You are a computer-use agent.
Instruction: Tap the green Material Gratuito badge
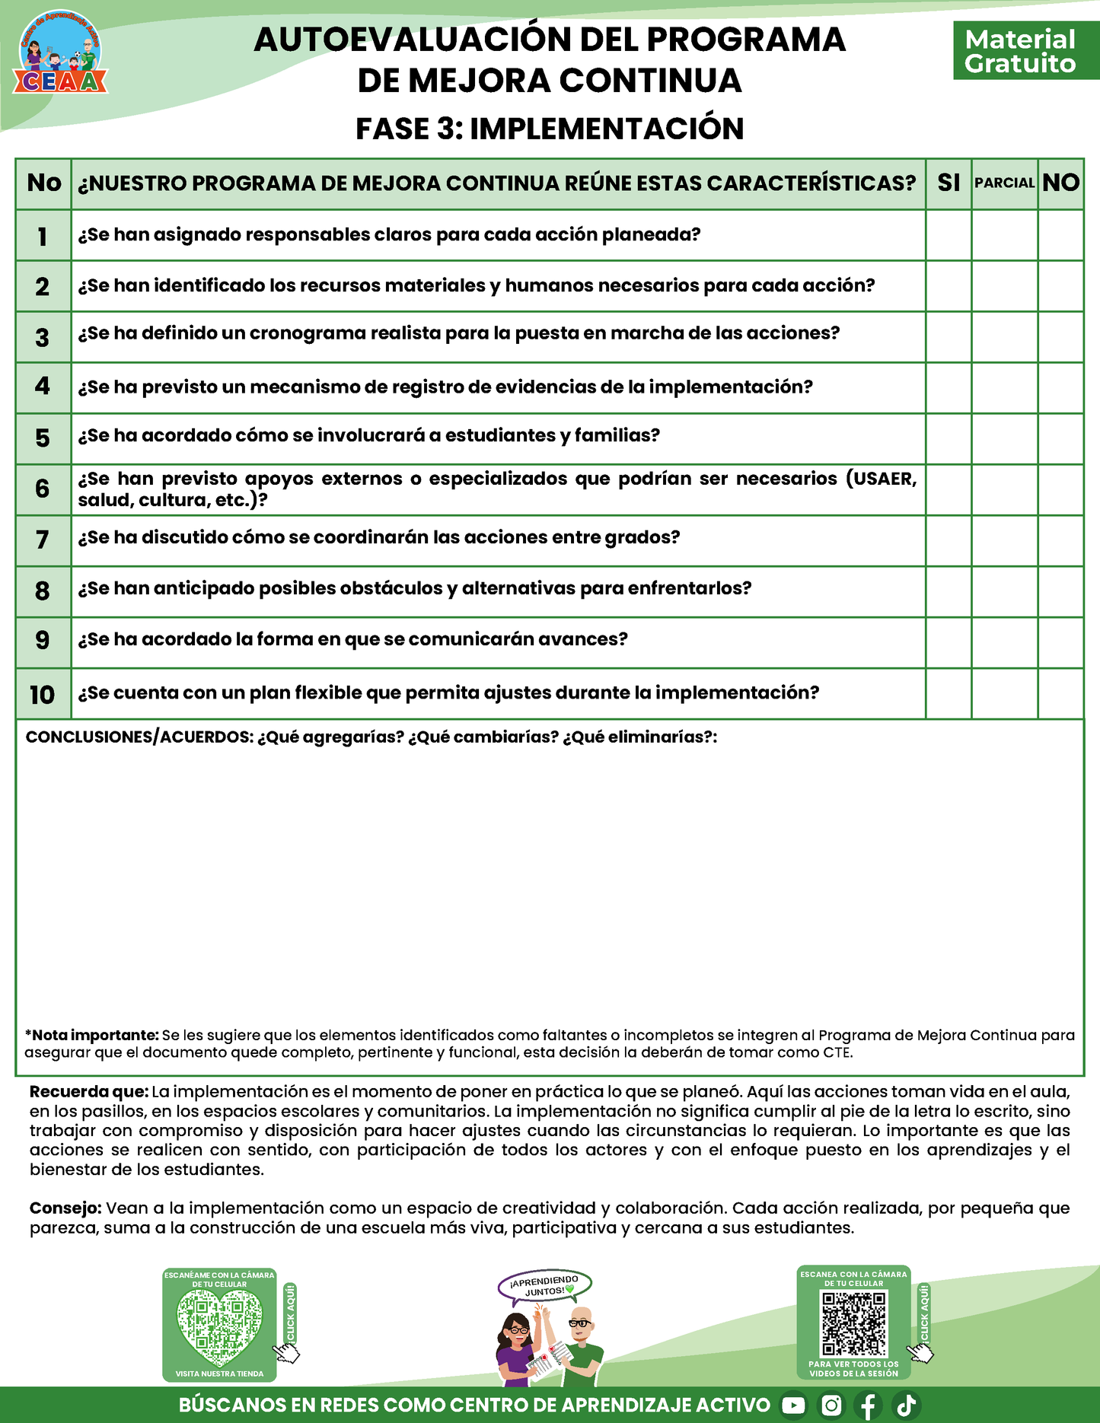(1020, 51)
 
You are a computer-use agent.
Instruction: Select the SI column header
(949, 183)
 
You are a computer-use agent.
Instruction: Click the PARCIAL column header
(1004, 183)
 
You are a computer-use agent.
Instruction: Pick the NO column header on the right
(1060, 183)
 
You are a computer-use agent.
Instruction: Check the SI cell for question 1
(949, 235)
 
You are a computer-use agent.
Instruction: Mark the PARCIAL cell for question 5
(1004, 438)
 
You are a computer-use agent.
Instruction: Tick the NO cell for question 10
(1060, 693)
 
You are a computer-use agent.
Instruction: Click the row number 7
(43, 540)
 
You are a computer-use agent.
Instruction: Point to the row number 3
(43, 337)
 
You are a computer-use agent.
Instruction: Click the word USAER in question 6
(884, 479)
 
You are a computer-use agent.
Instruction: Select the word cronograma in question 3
(308, 333)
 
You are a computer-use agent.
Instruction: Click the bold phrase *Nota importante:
(92, 1035)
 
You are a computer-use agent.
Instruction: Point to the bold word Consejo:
(65, 1208)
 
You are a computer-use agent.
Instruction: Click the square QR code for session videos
(853, 1324)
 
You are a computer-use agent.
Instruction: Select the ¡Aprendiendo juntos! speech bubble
(545, 1285)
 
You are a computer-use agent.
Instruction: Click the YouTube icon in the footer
(793, 1405)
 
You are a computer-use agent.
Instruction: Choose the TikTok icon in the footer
(906, 1405)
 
